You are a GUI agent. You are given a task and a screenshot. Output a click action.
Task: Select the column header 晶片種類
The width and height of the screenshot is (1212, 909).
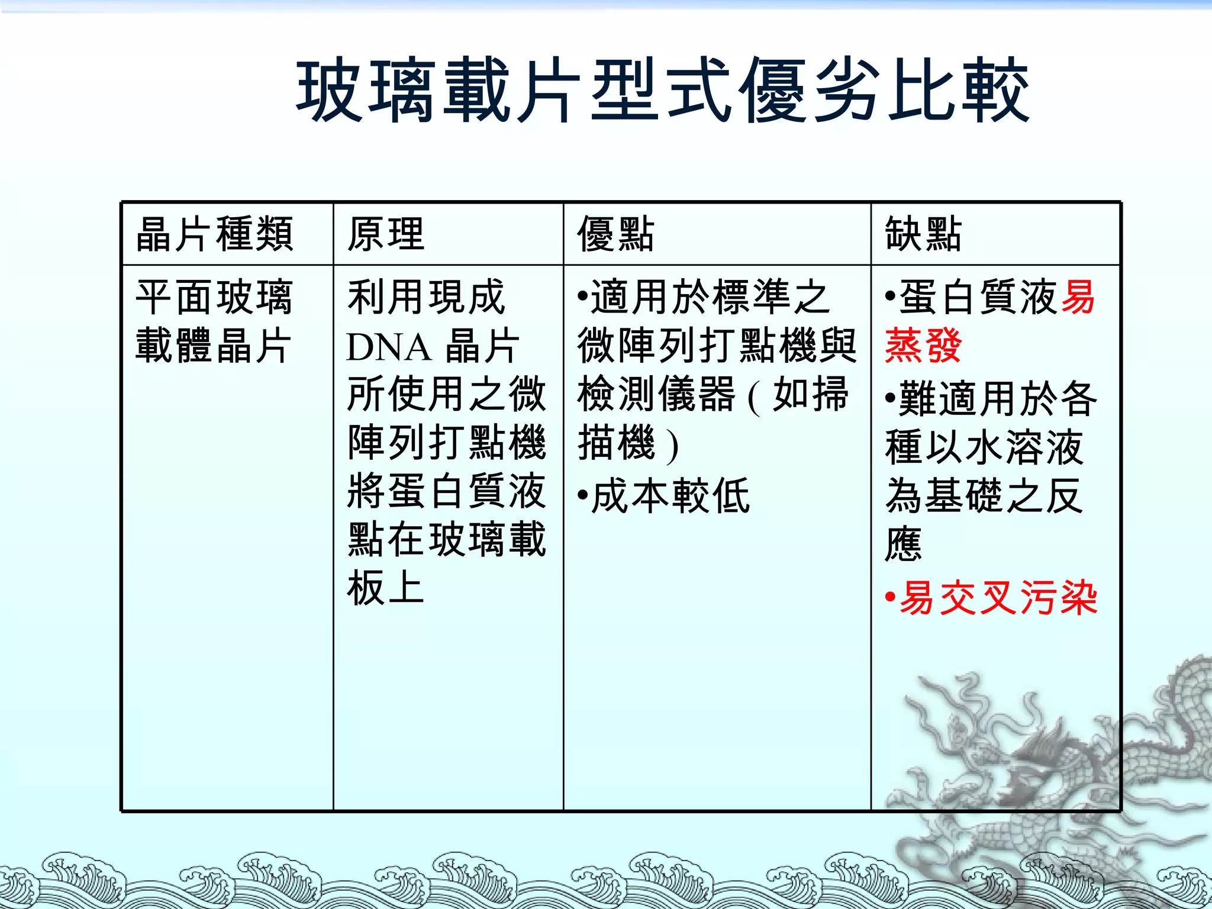[214, 234]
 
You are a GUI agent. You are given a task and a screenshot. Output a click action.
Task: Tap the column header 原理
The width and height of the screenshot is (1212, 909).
[386, 234]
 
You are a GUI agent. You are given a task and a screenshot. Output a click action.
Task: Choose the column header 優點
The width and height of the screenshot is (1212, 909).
[615, 234]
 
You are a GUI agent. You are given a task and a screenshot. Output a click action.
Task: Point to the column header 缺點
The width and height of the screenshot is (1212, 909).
[923, 234]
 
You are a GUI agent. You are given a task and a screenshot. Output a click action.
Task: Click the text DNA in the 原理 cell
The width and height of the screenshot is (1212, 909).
[388, 347]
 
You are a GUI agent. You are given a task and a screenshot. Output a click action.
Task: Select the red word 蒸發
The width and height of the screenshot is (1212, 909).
[923, 346]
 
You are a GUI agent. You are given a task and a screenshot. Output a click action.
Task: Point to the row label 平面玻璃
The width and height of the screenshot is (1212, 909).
[214, 297]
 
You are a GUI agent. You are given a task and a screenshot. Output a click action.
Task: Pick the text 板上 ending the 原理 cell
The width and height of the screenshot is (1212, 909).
[386, 588]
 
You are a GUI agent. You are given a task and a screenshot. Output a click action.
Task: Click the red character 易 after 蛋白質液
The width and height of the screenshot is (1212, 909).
[1078, 297]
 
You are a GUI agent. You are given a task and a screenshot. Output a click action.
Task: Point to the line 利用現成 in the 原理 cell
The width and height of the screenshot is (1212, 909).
[426, 297]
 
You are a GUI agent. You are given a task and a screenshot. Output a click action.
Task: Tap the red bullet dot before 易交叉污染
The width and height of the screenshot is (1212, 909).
[890, 598]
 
